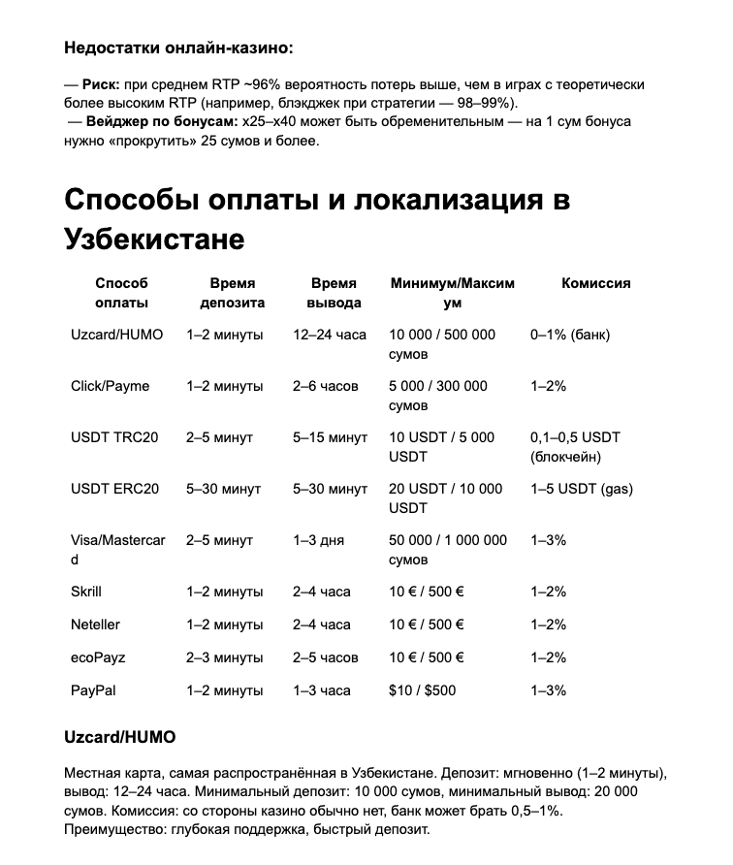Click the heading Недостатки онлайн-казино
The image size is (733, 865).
(x=178, y=47)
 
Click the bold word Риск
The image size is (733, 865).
(x=100, y=85)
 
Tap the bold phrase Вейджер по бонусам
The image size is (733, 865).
(x=161, y=122)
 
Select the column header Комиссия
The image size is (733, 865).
(x=595, y=283)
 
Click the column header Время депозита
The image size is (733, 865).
(x=232, y=293)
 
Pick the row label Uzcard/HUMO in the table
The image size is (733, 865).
(x=116, y=335)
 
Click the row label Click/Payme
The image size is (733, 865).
(x=110, y=386)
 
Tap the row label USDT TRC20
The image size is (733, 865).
(x=113, y=437)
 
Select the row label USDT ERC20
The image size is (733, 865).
(x=114, y=489)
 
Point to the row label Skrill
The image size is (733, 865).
(x=86, y=592)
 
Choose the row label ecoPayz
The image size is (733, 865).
(x=98, y=657)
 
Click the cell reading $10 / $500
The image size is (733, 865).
(x=422, y=690)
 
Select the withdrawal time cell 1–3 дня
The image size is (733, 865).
(x=318, y=540)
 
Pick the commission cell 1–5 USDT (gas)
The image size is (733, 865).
(x=581, y=489)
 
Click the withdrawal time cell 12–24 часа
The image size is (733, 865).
(x=330, y=335)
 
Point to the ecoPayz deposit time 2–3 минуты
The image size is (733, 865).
(x=224, y=657)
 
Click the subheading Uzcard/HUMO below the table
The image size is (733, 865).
(x=120, y=737)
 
